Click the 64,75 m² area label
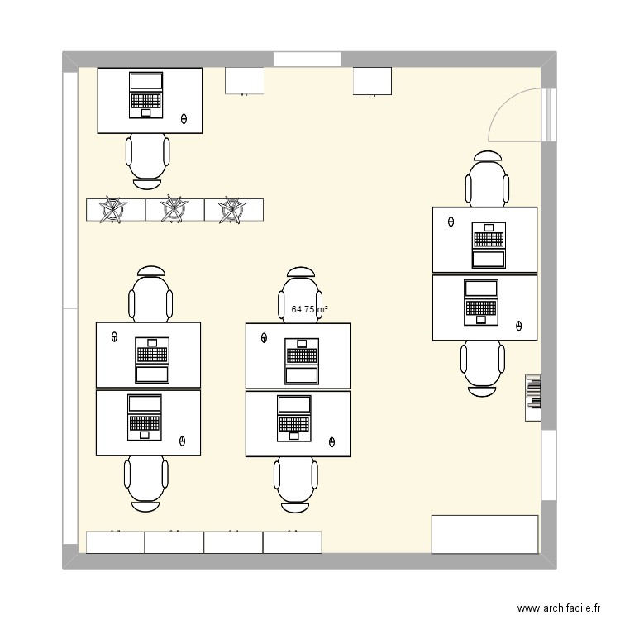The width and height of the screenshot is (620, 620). tap(309, 310)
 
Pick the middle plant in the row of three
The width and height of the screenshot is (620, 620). tap(174, 210)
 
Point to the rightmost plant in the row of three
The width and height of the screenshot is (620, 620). tap(233, 210)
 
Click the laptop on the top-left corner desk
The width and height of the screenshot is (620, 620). tap(146, 93)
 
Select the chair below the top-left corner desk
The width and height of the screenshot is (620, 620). tap(148, 157)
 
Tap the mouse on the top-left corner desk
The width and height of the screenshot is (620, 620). tap(184, 119)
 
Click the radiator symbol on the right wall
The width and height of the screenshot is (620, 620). tap(533, 398)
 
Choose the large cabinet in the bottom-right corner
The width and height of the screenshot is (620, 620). tap(485, 534)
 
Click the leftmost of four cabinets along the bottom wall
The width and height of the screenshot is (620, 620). tap(116, 542)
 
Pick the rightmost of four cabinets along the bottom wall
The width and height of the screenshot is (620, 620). tap(292, 542)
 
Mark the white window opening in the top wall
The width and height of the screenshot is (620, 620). tap(307, 60)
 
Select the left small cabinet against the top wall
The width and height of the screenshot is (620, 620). tap(244, 81)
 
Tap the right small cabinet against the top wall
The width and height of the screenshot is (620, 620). tap(372, 81)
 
